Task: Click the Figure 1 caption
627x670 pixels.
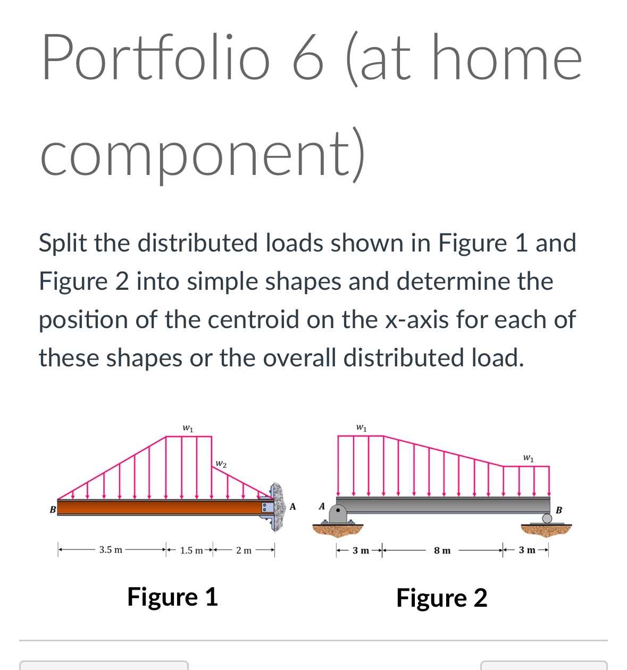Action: coord(172,597)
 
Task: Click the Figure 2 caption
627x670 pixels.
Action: coord(441,598)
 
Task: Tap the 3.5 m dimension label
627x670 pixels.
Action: coord(111,550)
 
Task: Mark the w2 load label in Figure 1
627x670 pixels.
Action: coord(221,464)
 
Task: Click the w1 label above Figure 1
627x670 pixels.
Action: coord(188,428)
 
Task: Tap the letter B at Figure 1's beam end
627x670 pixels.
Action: coord(52,510)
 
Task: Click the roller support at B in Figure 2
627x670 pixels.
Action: coord(547,518)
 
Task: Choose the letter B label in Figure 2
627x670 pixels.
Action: coord(558,510)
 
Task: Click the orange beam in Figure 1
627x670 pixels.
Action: coord(160,507)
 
